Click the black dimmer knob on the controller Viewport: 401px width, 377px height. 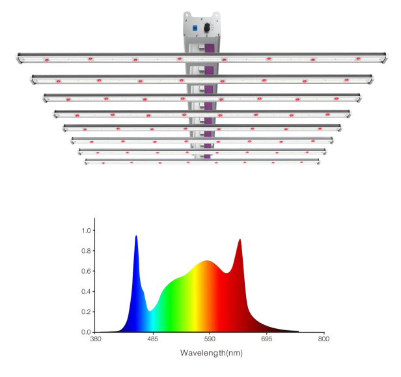[206, 28]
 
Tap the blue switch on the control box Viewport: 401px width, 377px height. [195, 27]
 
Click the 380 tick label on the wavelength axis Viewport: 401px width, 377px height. [96, 339]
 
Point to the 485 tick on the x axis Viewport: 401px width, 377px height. [152, 339]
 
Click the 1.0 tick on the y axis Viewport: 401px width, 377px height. [85, 231]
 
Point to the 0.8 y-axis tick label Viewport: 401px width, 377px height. [85, 251]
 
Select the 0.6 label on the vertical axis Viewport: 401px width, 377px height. [85, 271]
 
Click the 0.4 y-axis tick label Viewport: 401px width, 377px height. [85, 291]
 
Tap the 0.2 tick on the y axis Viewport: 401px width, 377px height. [85, 311]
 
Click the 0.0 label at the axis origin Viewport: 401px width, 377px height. [85, 331]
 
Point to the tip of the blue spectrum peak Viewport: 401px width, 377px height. [136, 236]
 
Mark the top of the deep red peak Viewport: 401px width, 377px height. [240, 239]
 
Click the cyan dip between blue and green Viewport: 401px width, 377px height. [150, 311]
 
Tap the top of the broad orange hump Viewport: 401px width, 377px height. [207, 261]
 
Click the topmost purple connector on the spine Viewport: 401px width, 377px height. [210, 48]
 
